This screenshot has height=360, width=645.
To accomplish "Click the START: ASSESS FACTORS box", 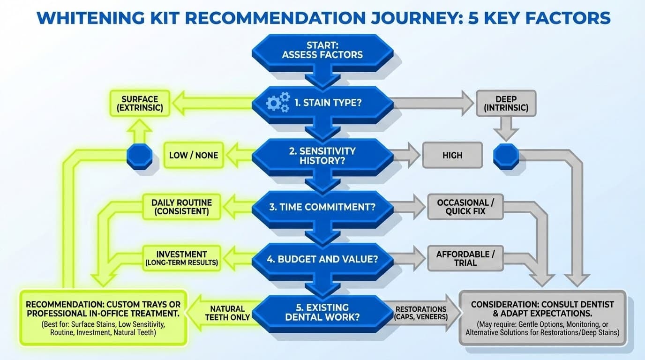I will [x=322, y=51].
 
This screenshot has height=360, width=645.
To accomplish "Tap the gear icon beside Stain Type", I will [x=277, y=102].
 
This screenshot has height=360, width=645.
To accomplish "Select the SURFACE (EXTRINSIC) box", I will [x=139, y=104].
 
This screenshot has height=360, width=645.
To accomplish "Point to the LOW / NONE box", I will [x=193, y=155].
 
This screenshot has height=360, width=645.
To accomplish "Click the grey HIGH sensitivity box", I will [x=452, y=155].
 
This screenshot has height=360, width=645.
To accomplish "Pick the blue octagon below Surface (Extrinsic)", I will [x=140, y=156].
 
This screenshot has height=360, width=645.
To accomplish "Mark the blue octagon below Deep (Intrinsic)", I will [x=506, y=156].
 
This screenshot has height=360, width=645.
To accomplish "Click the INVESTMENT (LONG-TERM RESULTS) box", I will [x=181, y=258].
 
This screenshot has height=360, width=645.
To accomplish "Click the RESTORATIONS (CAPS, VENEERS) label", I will [x=421, y=313].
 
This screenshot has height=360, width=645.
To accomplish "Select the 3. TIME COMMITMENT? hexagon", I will [x=322, y=207].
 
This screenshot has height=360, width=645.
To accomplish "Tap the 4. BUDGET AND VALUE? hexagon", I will [x=322, y=258].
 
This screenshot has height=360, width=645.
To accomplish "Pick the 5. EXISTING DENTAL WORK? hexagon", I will [x=322, y=313].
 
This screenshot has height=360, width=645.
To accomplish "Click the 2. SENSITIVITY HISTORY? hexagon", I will [x=322, y=156].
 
